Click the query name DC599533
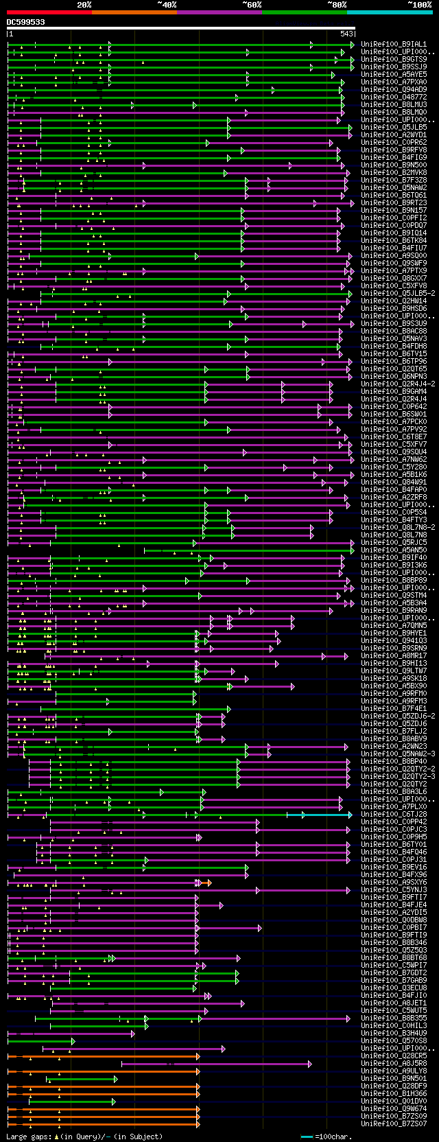pos(25,22)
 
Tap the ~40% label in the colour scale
pos(167,5)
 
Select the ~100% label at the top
pos(419,5)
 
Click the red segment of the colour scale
pos(49,12)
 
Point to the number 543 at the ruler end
pos(346,34)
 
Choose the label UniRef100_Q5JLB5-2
pos(397,294)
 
